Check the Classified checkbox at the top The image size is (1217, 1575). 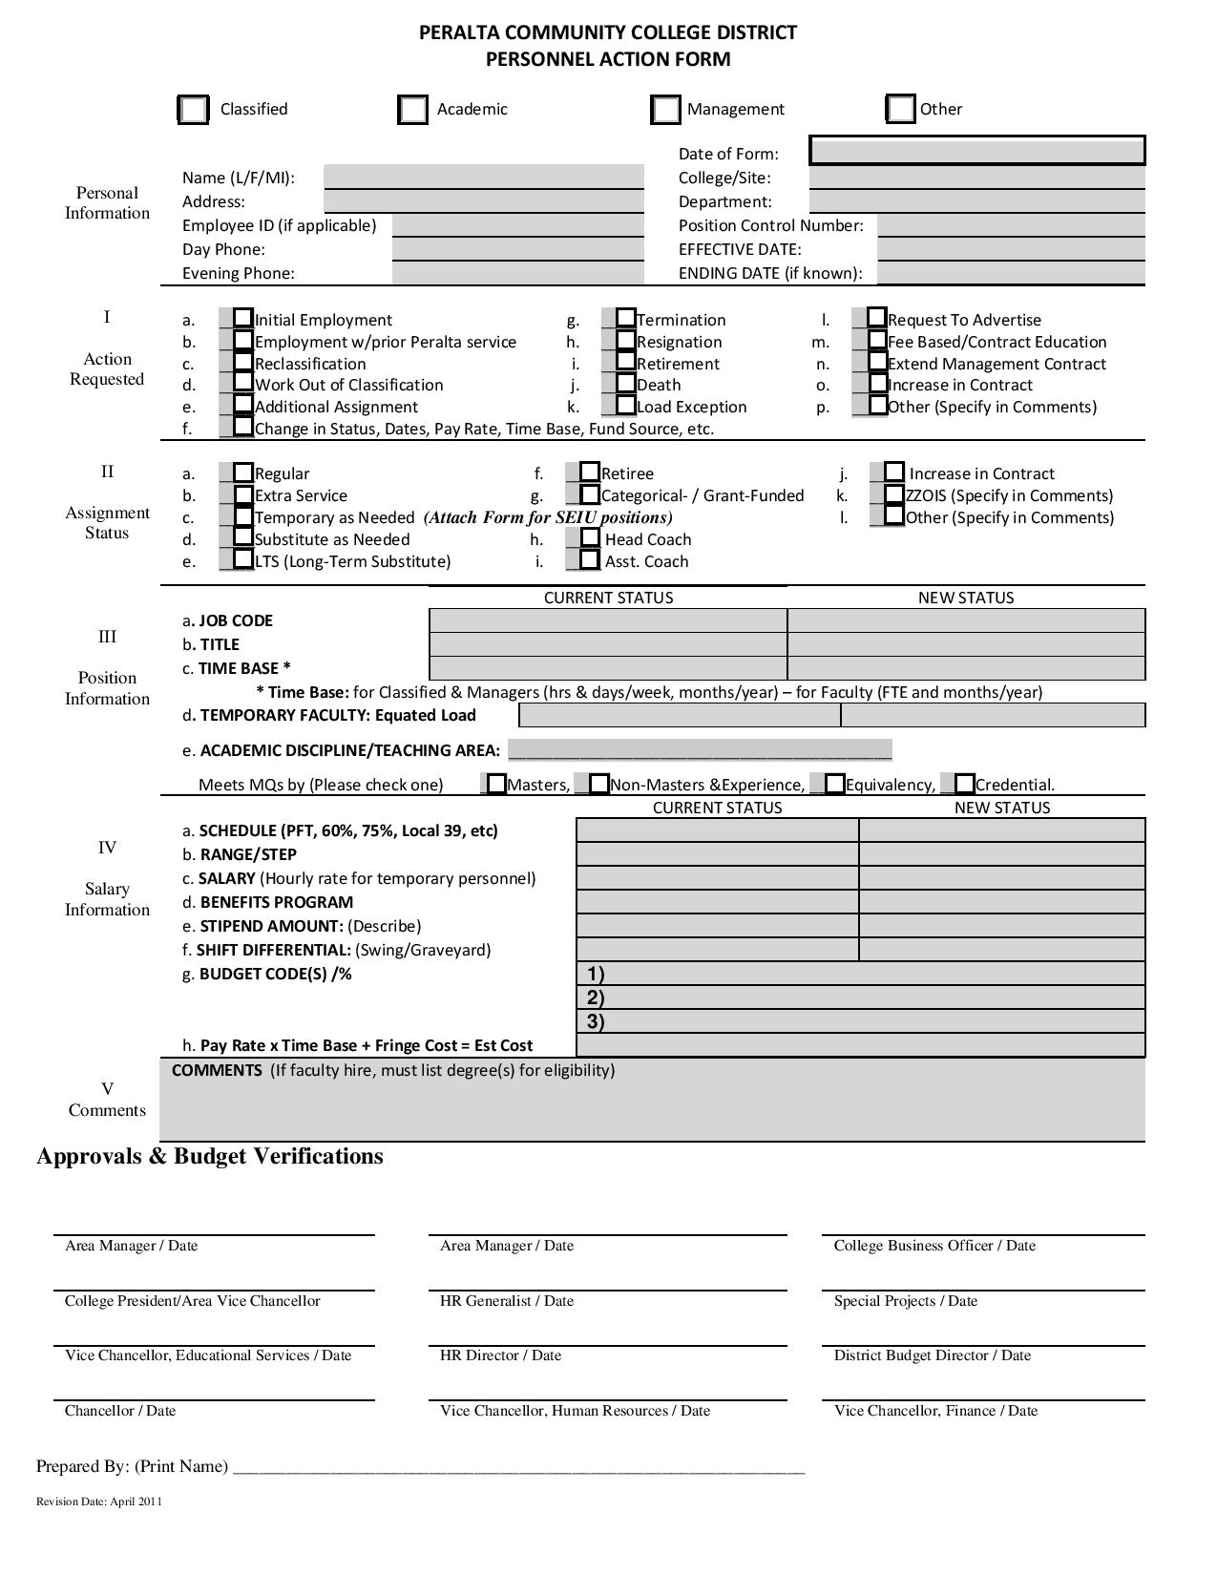[194, 110]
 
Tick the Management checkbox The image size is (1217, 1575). [665, 110]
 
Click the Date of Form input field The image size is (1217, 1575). [976, 151]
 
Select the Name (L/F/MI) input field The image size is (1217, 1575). [484, 177]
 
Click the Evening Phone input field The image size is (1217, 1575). [517, 273]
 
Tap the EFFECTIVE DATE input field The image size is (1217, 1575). [1010, 249]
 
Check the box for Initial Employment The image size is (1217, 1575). [243, 318]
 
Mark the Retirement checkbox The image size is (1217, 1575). [625, 362]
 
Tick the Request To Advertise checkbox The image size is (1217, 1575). [877, 318]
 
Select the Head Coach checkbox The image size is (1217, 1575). [590, 538]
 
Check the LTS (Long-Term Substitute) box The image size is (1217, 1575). [243, 559]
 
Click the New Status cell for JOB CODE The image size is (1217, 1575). [965, 620]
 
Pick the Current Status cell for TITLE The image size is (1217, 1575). [608, 644]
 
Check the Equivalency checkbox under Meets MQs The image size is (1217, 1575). [835, 784]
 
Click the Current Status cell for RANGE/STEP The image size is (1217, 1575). [717, 854]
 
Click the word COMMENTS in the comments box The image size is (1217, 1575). [217, 1070]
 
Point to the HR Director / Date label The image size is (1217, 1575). [500, 1355]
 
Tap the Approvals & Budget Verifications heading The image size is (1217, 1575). [210, 1156]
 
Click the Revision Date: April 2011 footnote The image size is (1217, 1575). [99, 1501]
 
